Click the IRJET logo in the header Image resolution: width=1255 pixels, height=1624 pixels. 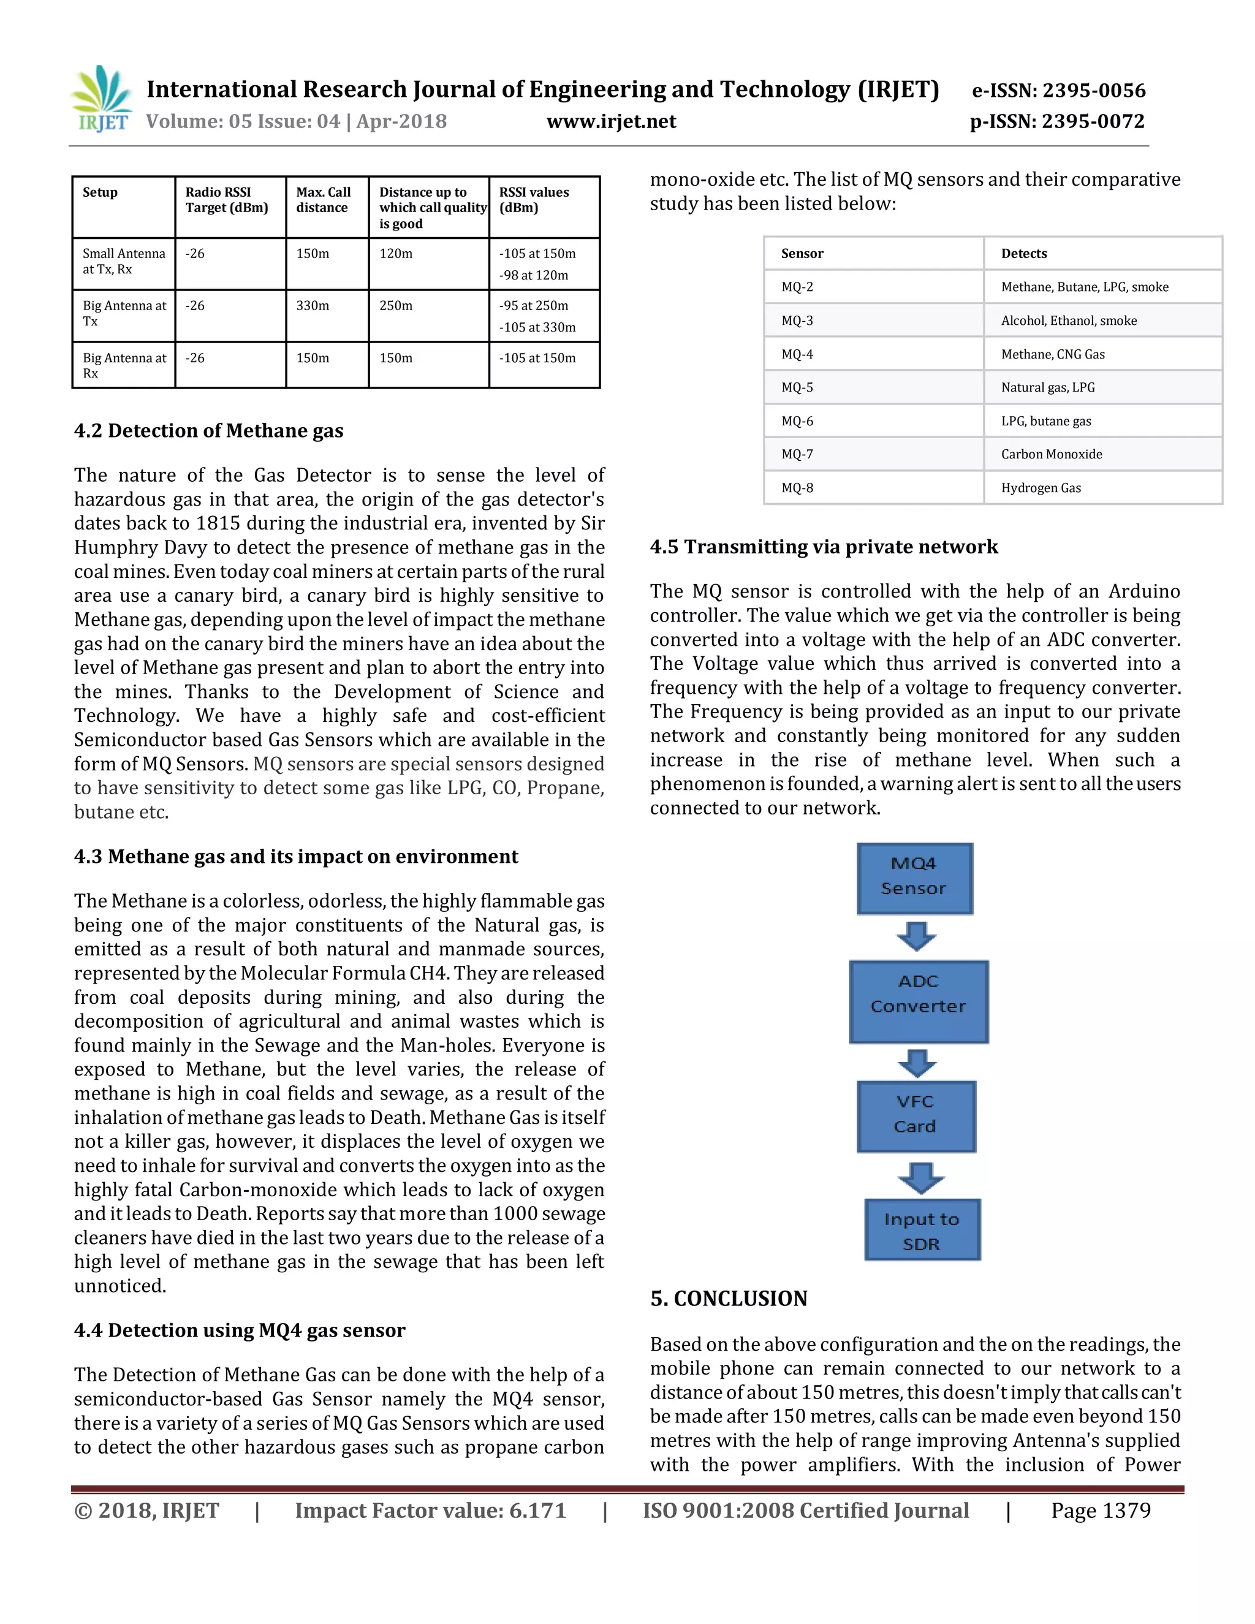[x=102, y=99]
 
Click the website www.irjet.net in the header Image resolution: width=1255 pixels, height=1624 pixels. [x=611, y=121]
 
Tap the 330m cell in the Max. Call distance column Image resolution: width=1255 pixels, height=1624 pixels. [x=313, y=306]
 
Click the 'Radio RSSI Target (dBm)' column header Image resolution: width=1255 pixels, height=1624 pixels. [x=227, y=200]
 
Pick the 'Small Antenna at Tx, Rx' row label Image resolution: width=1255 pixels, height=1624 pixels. [x=123, y=261]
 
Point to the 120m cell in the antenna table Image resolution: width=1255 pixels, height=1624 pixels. [x=396, y=254]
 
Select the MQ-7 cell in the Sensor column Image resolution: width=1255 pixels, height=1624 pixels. [x=797, y=454]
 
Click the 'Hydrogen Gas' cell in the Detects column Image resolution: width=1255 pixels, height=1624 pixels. [x=1041, y=488]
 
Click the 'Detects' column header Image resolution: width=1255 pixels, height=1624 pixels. [x=1024, y=254]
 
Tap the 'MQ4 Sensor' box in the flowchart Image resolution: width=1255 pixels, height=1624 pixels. [x=914, y=878]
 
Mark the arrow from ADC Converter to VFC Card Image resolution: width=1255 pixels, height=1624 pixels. [x=917, y=1063]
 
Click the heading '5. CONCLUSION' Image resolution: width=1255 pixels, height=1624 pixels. [x=729, y=1299]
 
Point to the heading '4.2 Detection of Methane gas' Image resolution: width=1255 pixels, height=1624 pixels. [x=208, y=431]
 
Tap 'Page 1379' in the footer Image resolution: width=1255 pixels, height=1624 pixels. [x=1101, y=1511]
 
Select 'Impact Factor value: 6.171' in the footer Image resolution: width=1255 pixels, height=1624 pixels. [x=430, y=1511]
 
